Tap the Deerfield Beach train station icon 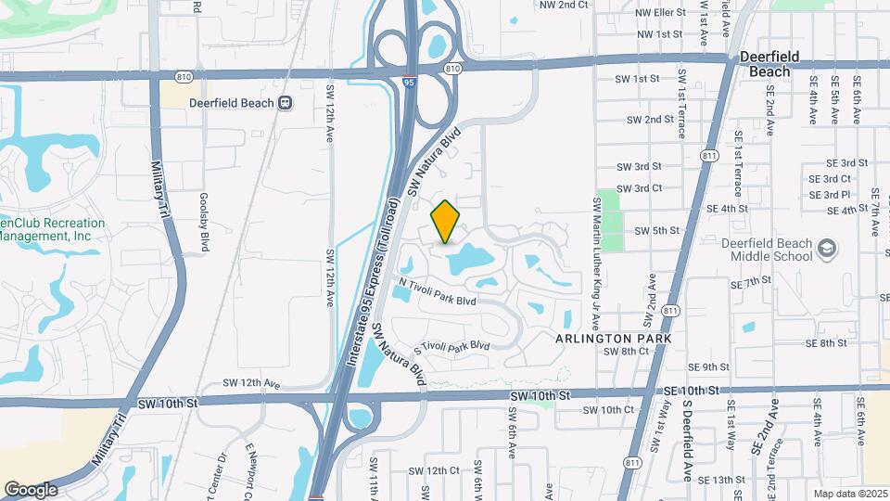click(x=286, y=103)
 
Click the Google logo click(x=31, y=489)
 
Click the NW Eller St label click(x=660, y=13)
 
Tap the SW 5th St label click(x=656, y=229)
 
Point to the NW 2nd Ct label click(x=565, y=5)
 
